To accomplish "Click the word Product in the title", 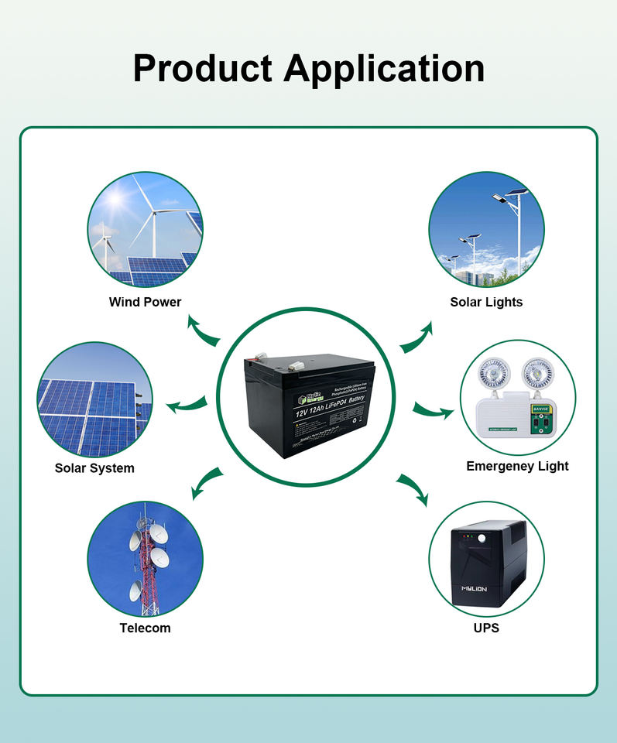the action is (203, 69).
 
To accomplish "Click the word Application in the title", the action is (385, 69).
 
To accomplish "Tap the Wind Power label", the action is (146, 302).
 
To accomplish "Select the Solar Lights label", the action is (486, 302).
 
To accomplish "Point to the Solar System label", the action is (94, 468).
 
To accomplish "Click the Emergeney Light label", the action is (517, 466).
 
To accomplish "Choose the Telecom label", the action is (145, 628).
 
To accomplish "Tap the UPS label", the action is (486, 628).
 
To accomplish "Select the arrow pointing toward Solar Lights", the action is (417, 337).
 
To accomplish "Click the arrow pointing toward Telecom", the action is (206, 483).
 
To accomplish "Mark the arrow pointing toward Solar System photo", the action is (187, 403).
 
